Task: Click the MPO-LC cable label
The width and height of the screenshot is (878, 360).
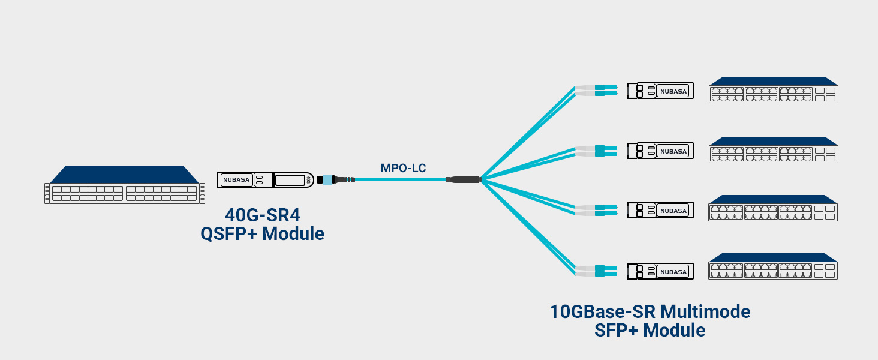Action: pos(403,168)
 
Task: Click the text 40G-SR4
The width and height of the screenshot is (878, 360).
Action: pos(262,215)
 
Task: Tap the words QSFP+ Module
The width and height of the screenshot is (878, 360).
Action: pos(262,233)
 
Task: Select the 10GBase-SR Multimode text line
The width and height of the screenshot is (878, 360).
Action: pos(650,312)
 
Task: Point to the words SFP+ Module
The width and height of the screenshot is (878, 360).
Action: pos(650,331)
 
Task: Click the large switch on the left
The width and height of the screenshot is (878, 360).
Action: pos(125,185)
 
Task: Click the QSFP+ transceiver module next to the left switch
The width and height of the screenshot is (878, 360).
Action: pos(264,179)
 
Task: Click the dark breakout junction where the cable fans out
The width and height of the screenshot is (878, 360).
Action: pos(464,179)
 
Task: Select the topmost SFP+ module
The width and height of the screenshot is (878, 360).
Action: pos(660,91)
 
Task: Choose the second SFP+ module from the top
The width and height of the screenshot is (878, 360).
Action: pos(660,151)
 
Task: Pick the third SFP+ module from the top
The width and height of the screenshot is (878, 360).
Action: pos(660,211)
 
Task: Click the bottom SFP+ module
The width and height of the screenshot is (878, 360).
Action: pos(660,271)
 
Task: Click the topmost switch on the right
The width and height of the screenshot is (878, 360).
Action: pos(774,90)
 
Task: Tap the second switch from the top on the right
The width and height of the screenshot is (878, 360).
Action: pos(774,150)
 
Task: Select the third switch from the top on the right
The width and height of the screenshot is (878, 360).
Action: pos(774,209)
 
